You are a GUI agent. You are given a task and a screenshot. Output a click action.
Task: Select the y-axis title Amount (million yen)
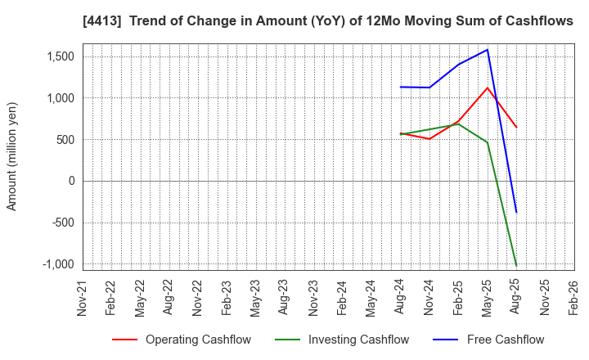12,156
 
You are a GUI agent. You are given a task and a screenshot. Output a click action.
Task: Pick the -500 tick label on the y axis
62,223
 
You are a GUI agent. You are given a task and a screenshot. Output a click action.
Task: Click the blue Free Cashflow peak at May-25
488,49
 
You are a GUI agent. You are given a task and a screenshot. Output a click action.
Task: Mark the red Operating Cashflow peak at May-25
488,88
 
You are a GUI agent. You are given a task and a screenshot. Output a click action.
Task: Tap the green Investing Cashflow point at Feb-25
458,124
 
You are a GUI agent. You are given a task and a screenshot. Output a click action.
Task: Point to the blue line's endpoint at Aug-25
516,213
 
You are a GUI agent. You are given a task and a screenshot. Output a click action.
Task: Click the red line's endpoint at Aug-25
516,127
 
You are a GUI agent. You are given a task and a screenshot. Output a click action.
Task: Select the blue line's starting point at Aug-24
401,87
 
